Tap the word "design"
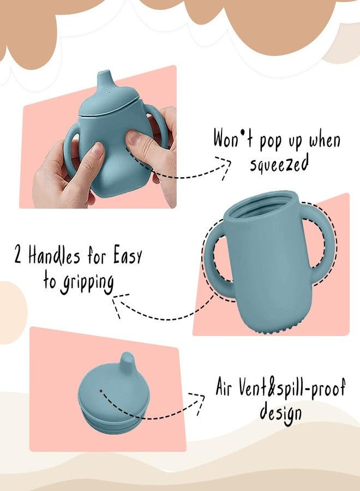click(281, 414)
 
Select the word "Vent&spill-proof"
click(292, 387)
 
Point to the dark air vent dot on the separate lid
click(101, 391)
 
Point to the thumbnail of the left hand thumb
click(98, 149)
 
